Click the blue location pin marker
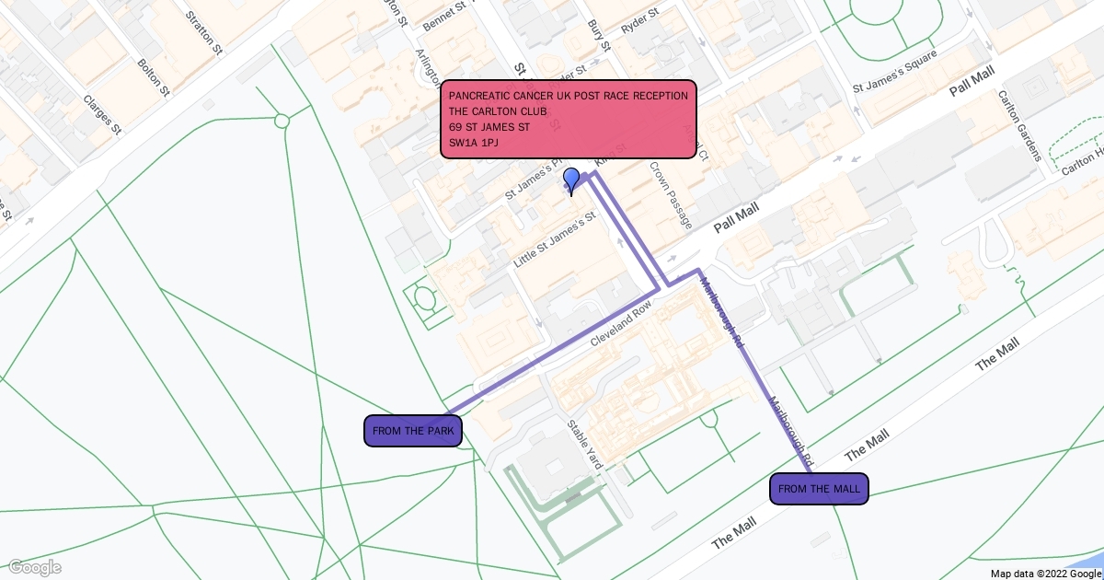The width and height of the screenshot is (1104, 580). click(x=571, y=180)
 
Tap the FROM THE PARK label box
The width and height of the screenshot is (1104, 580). click(x=412, y=431)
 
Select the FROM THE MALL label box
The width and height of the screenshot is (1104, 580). click(x=819, y=489)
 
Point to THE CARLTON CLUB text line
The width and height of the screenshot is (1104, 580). click(x=498, y=111)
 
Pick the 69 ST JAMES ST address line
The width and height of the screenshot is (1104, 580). click(x=489, y=127)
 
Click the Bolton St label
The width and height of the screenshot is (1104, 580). click(x=153, y=77)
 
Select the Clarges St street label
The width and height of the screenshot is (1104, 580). click(x=102, y=114)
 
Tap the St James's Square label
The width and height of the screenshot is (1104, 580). click(x=895, y=72)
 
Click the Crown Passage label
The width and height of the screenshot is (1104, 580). click(x=670, y=195)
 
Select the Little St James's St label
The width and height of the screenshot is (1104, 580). click(x=555, y=239)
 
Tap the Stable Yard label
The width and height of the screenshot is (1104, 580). click(x=584, y=445)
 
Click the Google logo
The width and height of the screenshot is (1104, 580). click(x=35, y=566)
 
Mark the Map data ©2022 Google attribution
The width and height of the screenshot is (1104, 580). click(x=1044, y=573)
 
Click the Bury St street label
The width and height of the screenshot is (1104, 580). click(x=599, y=35)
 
